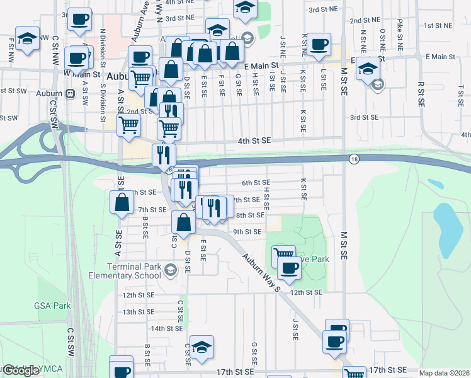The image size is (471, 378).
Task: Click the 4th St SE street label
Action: point(253,141)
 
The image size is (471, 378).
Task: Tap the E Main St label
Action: point(261,66)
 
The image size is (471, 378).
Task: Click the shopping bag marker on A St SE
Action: point(123,202)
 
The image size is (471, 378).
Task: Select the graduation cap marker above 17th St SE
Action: point(201,346)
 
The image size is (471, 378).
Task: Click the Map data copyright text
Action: point(445,373)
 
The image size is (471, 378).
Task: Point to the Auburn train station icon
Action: point(70,93)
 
